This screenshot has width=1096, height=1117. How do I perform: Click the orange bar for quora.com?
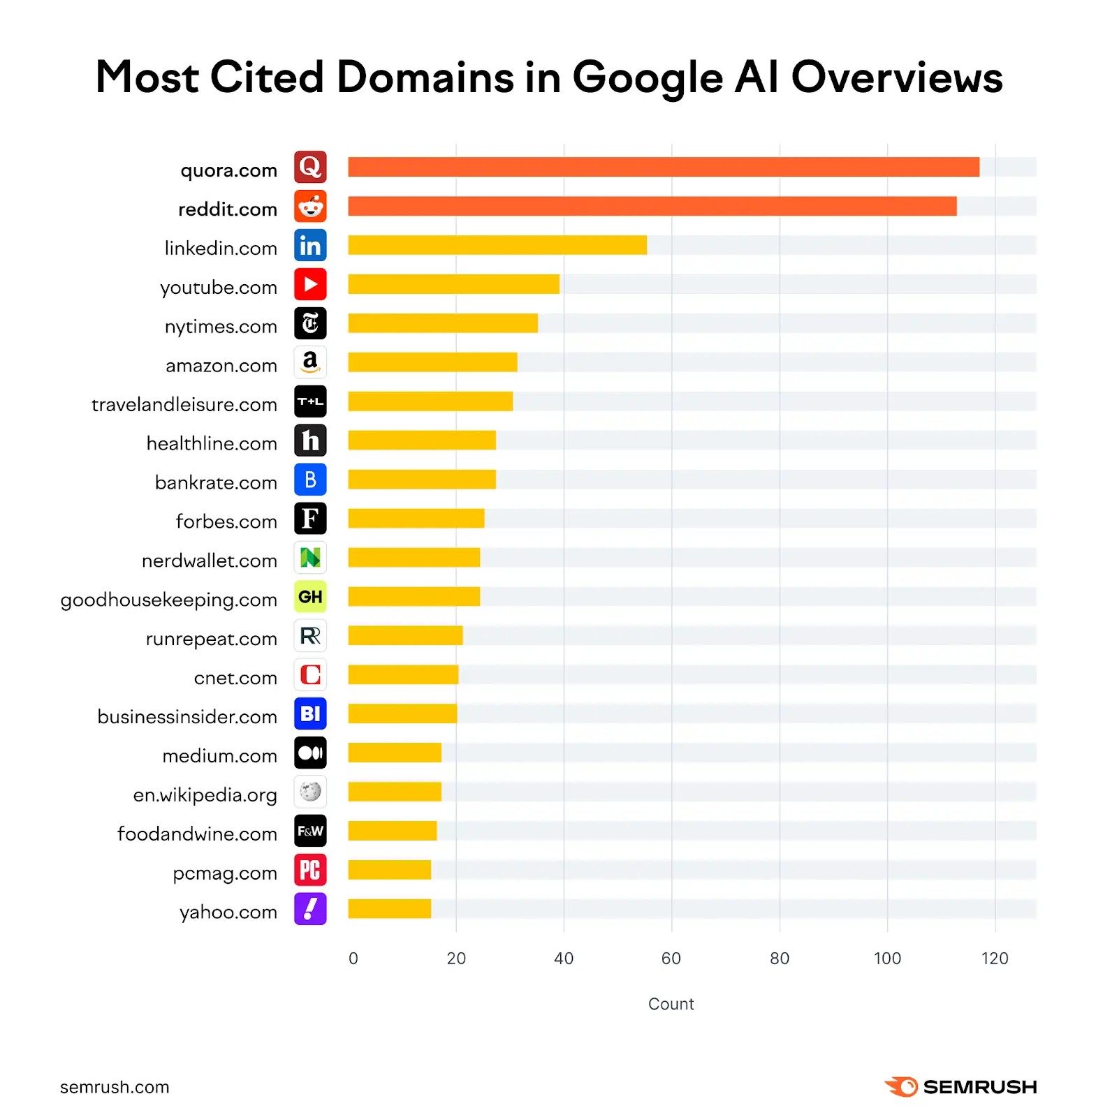coord(663,167)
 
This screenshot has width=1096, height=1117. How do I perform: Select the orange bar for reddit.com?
coord(652,206)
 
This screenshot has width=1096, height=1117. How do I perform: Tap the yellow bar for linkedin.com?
coord(497,245)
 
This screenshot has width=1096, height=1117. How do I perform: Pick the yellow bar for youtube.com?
coord(453,284)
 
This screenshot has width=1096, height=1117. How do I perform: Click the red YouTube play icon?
coord(310,284)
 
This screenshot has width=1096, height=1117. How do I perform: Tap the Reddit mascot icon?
coord(310,206)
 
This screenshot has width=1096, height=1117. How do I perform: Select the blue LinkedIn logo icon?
coord(310,245)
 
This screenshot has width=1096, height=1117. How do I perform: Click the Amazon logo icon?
coord(310,362)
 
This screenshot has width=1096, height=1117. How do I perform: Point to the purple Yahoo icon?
coord(310,909)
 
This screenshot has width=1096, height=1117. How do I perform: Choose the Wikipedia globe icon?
coord(310,792)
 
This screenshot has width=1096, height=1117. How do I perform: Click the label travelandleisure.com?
coord(184,404)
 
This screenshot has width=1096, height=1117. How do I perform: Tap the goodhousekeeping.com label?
coord(169,600)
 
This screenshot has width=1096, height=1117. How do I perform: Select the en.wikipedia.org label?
coord(205,795)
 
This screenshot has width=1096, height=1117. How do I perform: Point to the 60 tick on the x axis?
coord(671,959)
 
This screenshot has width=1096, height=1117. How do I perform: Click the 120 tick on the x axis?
coord(994,959)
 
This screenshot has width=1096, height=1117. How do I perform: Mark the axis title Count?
coord(671,1004)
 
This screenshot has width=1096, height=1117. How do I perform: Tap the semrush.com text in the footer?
coord(115,1087)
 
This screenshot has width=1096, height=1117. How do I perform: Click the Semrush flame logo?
coord(901,1086)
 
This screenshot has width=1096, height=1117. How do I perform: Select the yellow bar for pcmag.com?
coord(389,870)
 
